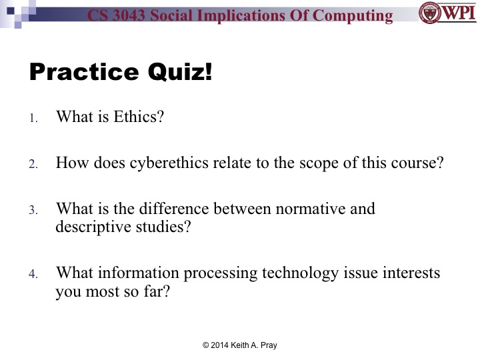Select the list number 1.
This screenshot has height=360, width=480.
[33, 119]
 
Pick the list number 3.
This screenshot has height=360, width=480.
[33, 211]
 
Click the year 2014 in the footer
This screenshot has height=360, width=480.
[225, 345]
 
